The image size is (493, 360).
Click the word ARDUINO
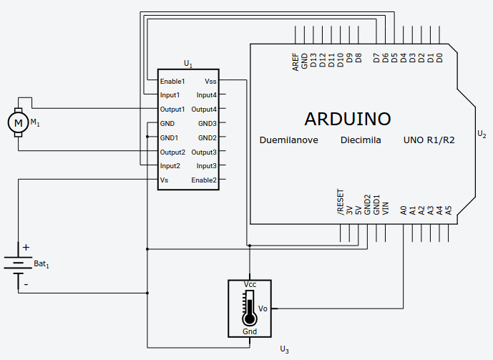(348, 119)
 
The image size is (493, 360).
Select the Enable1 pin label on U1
(172, 82)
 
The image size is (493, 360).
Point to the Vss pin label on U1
(210, 82)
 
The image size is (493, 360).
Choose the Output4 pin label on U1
(204, 110)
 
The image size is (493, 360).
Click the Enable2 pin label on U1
(204, 180)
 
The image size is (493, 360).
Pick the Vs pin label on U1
(165, 180)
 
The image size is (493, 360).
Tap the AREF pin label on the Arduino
(296, 62)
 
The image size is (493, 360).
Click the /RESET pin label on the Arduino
(341, 203)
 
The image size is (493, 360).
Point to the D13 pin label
(313, 60)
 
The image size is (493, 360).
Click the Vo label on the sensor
(263, 308)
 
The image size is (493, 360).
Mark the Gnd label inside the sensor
(250, 332)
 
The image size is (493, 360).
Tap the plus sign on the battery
(26, 248)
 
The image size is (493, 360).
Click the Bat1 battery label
(42, 265)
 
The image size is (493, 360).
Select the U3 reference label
(284, 349)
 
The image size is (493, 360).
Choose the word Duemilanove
(288, 140)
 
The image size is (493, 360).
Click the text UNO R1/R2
(429, 140)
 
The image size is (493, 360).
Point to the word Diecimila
(361, 140)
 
